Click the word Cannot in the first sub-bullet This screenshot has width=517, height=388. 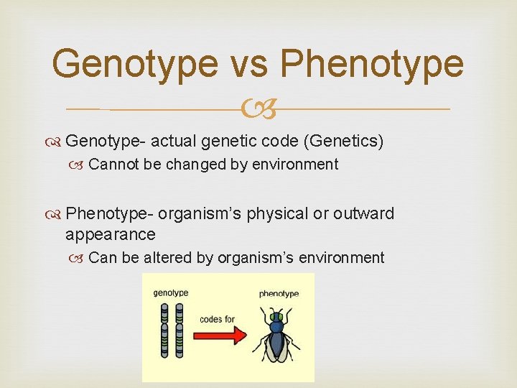pos(114,165)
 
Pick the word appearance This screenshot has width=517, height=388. pos(110,234)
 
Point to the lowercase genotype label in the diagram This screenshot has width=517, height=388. pos(171,292)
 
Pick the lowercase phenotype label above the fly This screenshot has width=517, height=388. pos(279,293)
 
